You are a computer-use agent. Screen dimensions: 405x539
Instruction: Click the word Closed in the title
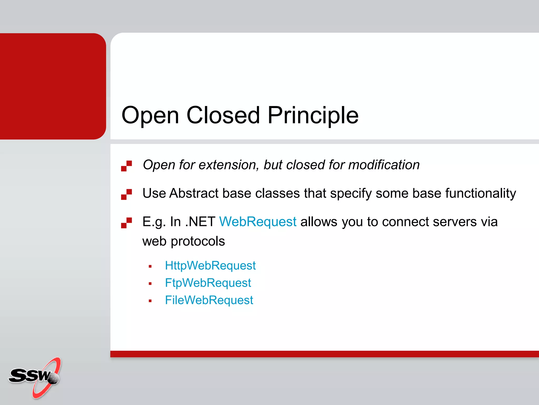(x=223, y=115)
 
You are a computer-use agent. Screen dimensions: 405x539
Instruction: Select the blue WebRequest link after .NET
(x=258, y=221)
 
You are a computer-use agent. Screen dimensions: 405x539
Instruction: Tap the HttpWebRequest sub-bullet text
(x=210, y=266)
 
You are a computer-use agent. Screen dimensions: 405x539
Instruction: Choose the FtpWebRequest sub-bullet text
(x=208, y=283)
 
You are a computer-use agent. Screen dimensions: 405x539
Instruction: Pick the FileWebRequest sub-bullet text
(x=209, y=300)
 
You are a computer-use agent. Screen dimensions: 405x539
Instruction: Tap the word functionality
(x=480, y=193)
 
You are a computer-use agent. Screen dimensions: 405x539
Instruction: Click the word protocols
(x=198, y=241)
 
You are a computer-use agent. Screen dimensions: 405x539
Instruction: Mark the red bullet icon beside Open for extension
(x=126, y=166)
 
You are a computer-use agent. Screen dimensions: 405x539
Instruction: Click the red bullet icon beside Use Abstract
(x=126, y=194)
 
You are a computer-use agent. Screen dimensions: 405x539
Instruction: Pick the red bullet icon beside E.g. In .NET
(x=126, y=223)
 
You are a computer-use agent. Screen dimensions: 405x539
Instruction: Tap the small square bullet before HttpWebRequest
(x=150, y=266)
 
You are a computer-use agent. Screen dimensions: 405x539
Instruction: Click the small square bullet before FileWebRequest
(x=150, y=301)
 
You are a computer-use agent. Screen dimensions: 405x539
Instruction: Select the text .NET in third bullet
(x=200, y=221)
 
